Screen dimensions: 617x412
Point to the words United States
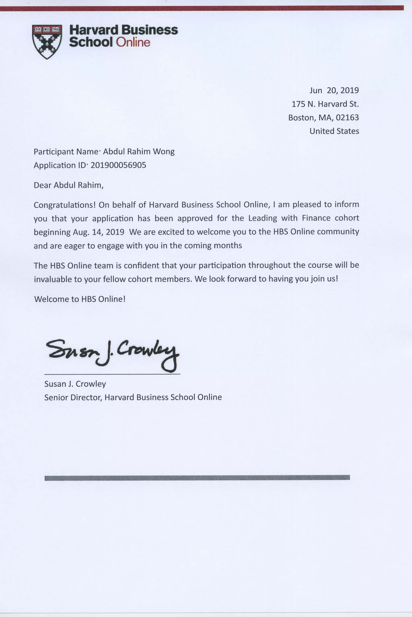[334, 131]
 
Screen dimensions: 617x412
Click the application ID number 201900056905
[118, 165]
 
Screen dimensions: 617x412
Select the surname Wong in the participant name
[164, 152]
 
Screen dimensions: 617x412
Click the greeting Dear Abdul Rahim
[68, 185]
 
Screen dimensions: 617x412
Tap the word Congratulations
[64, 205]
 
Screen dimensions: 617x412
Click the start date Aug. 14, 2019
[98, 232]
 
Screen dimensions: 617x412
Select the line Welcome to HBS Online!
[80, 299]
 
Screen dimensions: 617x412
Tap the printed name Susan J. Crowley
[75, 384]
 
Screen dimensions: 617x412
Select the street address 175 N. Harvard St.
[325, 104]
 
